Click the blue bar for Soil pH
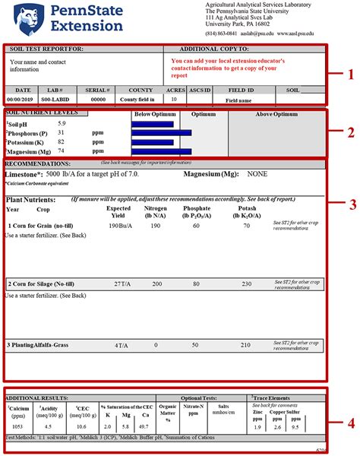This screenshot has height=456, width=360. (153, 123)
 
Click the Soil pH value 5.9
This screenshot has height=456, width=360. (62, 123)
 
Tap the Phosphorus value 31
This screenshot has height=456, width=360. (61, 132)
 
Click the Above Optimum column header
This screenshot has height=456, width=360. (276, 114)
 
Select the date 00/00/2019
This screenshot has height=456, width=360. (22, 99)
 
